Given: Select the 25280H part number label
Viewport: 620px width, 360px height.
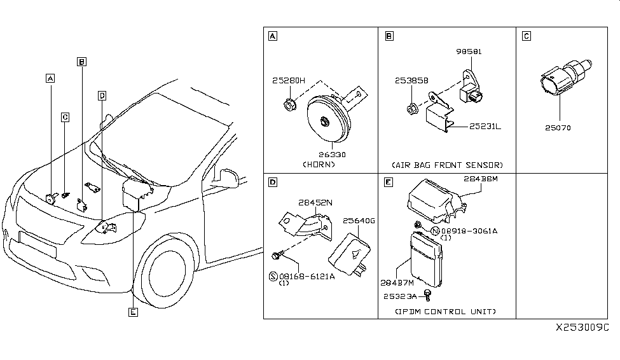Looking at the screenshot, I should [289, 81].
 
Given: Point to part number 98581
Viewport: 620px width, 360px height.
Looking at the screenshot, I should [469, 51].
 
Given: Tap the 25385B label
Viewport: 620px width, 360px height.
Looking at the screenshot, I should [411, 82].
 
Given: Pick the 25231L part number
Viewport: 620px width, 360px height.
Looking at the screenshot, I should [485, 127].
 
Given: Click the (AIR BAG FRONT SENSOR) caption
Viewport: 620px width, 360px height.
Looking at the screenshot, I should [448, 164].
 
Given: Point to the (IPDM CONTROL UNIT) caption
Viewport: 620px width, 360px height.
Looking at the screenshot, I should [446, 312].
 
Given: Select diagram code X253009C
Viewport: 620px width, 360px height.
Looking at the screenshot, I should [582, 327].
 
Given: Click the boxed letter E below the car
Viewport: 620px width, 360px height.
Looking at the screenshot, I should [132, 312].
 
